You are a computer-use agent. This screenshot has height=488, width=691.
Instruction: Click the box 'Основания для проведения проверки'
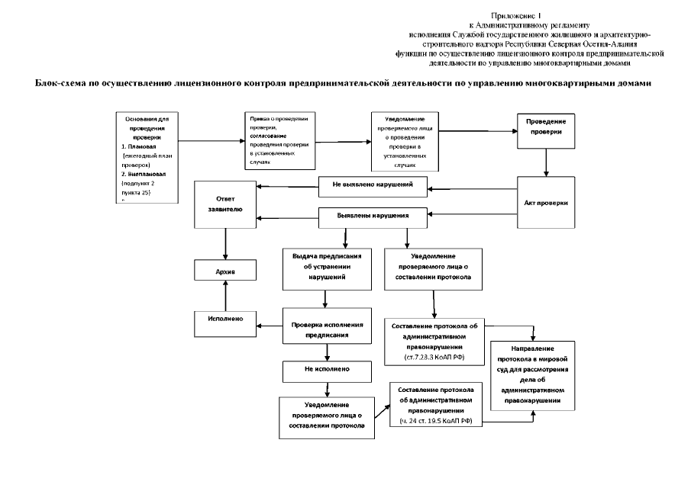pos(146,156)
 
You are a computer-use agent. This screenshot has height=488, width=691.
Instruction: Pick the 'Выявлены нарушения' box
pos(373,216)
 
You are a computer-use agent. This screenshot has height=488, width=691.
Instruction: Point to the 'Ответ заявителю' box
pos(224,205)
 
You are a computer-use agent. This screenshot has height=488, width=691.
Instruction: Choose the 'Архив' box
pos(224,270)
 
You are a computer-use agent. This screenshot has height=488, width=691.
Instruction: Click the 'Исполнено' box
pos(224,318)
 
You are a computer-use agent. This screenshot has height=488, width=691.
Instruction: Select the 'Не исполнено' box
pos(326,371)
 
